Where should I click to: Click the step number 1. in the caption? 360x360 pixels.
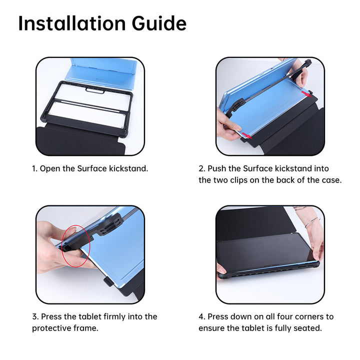(35, 168)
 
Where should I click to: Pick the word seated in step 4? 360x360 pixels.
(308, 328)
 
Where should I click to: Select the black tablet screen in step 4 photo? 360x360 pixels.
(265, 252)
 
